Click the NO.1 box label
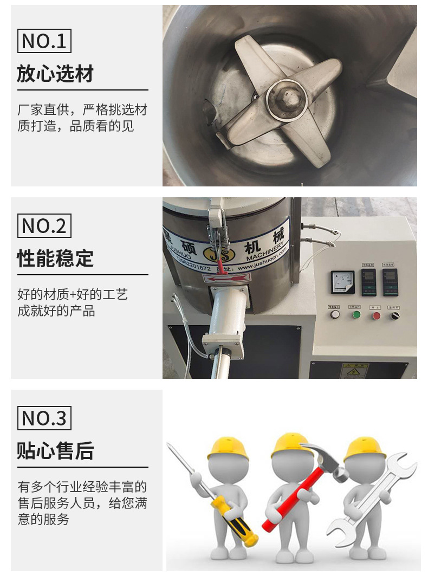click(x=44, y=41)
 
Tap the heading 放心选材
click(x=55, y=73)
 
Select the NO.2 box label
click(x=44, y=225)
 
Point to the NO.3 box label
click(x=44, y=418)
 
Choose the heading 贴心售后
click(x=55, y=450)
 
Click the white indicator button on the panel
click(x=335, y=314)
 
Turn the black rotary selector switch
click(x=395, y=315)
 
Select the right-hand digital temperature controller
click(x=390, y=281)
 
